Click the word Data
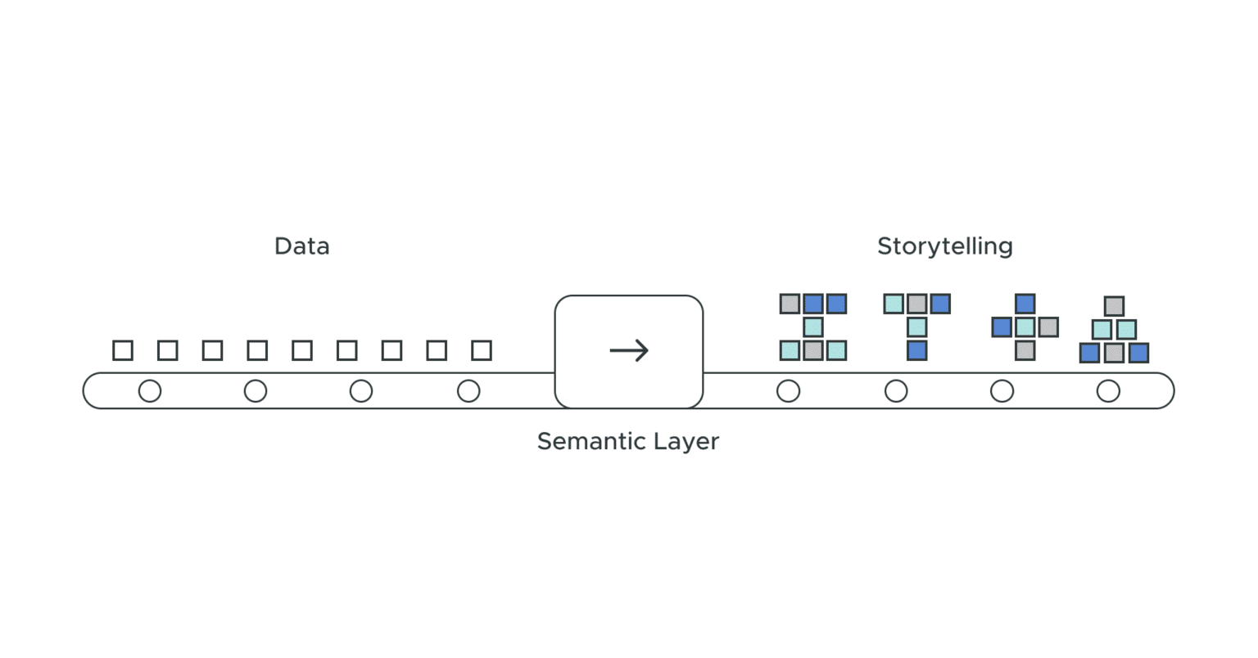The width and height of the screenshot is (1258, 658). tap(301, 246)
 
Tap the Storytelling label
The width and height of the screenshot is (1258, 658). tap(944, 246)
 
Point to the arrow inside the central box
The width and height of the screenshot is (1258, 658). tap(629, 351)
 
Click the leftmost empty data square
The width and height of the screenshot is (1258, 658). tap(123, 350)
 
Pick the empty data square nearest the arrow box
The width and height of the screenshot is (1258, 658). tap(482, 350)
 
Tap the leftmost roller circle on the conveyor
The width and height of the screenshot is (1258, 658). tap(150, 391)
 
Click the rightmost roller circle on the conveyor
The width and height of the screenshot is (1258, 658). tap(1108, 391)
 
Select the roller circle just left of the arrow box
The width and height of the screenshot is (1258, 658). tap(468, 391)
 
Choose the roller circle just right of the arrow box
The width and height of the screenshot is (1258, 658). tap(788, 391)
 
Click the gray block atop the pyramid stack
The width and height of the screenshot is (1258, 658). tap(1114, 306)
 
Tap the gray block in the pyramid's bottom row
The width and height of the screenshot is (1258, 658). tap(1114, 353)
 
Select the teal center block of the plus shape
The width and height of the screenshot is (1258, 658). tap(1025, 327)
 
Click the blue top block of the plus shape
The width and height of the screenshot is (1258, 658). tap(1025, 304)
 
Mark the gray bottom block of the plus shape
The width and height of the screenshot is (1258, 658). tap(1025, 351)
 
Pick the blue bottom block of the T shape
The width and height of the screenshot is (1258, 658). tap(917, 351)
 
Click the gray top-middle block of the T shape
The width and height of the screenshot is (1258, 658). tap(917, 304)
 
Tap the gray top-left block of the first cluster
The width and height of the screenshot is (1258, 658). tap(790, 304)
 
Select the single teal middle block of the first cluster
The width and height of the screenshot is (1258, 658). tap(812, 327)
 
